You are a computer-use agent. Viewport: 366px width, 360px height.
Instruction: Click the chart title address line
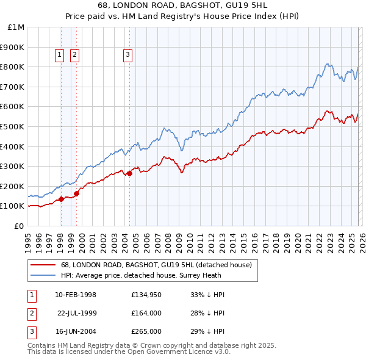click(182, 5)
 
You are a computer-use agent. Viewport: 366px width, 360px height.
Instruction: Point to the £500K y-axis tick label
click(13, 127)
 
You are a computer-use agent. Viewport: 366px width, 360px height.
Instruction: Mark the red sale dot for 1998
click(61, 199)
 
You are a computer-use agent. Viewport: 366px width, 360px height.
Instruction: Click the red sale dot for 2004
click(129, 173)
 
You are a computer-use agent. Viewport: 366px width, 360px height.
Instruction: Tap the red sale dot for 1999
click(77, 193)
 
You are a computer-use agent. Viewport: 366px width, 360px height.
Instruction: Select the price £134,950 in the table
click(146, 295)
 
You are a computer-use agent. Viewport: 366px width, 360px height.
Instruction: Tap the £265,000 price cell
click(146, 331)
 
